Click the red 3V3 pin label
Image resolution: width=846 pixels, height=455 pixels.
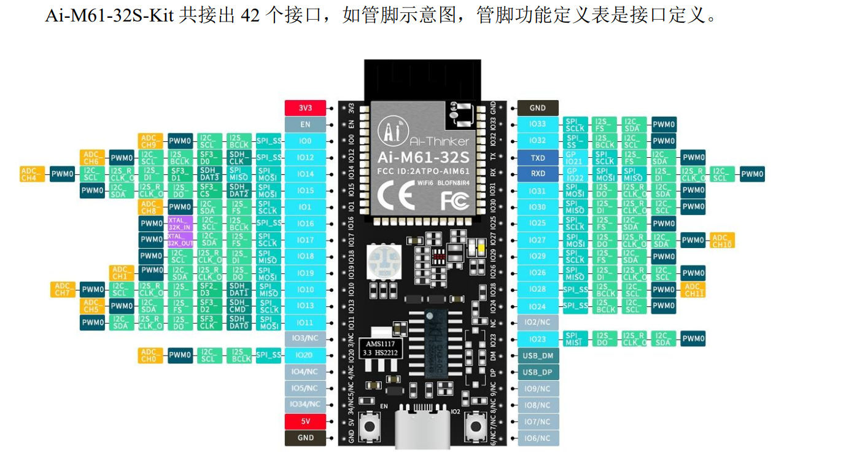(x=305, y=108)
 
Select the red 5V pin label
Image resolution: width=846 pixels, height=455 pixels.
(x=305, y=422)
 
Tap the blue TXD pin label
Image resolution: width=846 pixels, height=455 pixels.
(x=538, y=158)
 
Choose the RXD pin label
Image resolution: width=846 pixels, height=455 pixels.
(x=538, y=174)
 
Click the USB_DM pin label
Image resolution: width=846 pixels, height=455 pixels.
(x=538, y=356)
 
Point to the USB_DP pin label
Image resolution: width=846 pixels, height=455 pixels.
(x=538, y=372)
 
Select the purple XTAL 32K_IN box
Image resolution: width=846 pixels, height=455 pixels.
(x=180, y=224)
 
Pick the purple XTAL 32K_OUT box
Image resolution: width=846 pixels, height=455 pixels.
(x=180, y=239)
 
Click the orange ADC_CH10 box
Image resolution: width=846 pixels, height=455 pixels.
(x=722, y=240)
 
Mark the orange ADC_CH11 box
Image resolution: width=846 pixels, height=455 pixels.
(x=694, y=289)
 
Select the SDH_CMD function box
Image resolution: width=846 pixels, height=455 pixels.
(x=238, y=306)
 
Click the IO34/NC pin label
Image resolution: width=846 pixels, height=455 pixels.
(x=305, y=405)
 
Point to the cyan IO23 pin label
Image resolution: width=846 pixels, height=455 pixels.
(x=538, y=339)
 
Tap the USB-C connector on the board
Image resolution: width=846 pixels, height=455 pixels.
(x=424, y=427)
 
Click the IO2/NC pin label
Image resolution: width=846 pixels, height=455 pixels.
(x=538, y=322)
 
